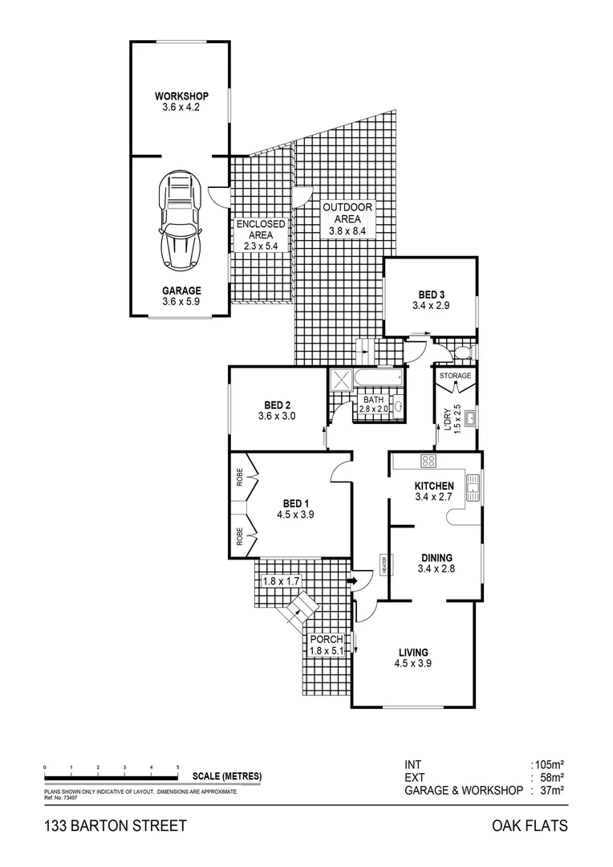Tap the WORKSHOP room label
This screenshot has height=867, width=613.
[x=181, y=97]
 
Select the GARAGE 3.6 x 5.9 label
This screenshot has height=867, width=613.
[x=181, y=296]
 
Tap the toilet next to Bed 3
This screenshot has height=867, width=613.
[x=465, y=352]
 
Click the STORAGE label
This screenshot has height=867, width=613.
[x=455, y=376]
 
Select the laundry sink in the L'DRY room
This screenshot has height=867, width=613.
[x=470, y=416]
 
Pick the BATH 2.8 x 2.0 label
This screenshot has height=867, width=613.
[x=373, y=404]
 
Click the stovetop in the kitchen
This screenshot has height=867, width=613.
[x=428, y=461]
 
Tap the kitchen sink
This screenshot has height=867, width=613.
[x=473, y=484]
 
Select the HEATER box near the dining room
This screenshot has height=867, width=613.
[x=384, y=566]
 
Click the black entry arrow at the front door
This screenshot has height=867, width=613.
[x=352, y=580]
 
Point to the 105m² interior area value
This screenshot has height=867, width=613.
[x=548, y=765]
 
